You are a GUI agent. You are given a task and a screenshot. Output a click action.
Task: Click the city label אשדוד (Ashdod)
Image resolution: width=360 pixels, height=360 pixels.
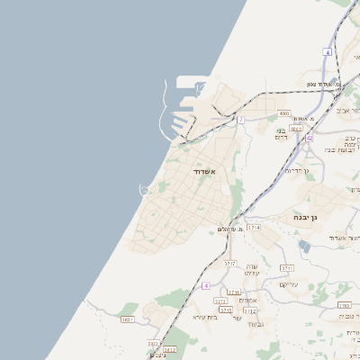(x=204, y=170)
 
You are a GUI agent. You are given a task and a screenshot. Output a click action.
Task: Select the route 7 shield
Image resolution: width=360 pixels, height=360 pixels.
(x=241, y=120)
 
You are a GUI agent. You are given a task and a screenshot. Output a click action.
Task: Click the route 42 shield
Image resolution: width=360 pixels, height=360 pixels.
(x=309, y=138)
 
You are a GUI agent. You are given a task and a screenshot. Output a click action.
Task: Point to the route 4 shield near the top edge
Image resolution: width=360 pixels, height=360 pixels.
(x=328, y=53)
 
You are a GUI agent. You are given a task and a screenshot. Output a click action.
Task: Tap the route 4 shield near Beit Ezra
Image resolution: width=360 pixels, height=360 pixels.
(x=205, y=285)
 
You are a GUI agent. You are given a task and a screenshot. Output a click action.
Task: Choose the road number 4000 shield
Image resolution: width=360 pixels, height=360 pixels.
(x=284, y=113)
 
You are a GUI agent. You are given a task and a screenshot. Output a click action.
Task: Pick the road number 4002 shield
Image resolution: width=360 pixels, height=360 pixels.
(x=296, y=129)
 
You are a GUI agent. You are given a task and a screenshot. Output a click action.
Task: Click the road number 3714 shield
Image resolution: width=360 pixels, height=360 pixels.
(x=255, y=228)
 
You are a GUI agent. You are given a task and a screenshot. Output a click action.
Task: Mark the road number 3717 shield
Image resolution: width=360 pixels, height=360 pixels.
(x=229, y=264)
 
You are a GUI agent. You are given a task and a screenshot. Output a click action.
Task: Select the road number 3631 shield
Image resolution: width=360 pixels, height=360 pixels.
(x=127, y=319)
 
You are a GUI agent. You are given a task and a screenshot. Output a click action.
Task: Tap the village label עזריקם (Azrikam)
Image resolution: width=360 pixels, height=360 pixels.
(x=288, y=284)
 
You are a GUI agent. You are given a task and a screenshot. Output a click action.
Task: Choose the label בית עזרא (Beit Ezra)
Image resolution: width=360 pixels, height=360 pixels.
(x=205, y=317)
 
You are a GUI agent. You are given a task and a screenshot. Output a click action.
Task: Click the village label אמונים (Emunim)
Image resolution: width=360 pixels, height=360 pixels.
(x=251, y=300)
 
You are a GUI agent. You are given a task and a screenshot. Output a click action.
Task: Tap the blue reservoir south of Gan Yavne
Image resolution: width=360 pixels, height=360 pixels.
(x=304, y=245)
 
